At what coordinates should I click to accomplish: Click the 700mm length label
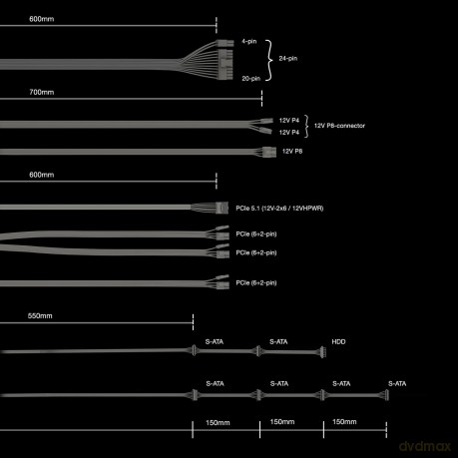42,92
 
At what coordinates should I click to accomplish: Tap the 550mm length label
40,316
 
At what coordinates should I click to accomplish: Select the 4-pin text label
249,41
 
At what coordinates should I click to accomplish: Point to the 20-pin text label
251,79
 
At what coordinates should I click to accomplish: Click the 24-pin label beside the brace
288,59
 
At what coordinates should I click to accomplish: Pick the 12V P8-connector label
339,126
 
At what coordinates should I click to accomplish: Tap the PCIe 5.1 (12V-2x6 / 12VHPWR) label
279,209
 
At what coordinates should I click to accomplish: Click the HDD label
338,341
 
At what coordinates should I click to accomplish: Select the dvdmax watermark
425,446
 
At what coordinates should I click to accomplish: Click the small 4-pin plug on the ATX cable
225,43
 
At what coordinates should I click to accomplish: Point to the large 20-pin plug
226,64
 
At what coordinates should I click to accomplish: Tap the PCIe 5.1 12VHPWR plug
222,208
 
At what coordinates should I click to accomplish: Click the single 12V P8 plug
269,152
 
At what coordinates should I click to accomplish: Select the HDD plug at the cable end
322,352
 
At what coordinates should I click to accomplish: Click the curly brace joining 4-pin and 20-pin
269,60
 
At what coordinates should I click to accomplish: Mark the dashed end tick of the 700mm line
261,99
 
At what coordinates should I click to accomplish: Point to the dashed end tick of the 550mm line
193,322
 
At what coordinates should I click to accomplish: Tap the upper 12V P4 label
289,121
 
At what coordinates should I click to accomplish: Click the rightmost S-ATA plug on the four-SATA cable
386,395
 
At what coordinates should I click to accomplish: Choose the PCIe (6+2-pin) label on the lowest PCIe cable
256,283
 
